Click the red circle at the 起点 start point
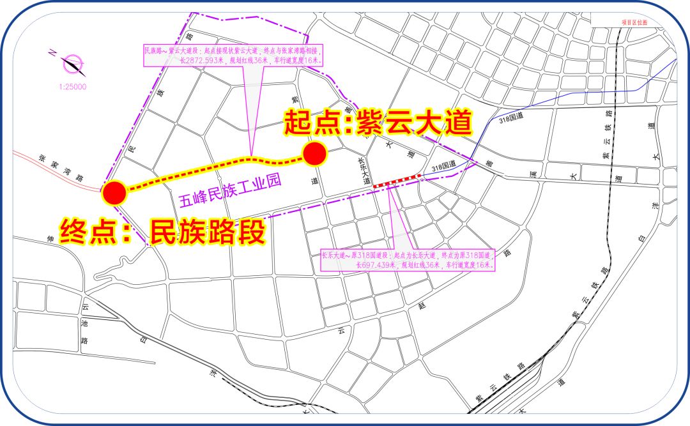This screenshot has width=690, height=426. [314, 154]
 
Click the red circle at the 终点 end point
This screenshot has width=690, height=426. [114, 192]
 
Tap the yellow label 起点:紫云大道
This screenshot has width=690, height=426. [378, 123]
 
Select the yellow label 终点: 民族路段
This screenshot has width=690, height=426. [162, 231]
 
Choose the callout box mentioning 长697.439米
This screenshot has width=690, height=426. [410, 260]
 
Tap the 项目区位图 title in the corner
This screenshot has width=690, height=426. [634, 22]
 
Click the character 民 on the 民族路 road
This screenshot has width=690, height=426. [132, 150]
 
